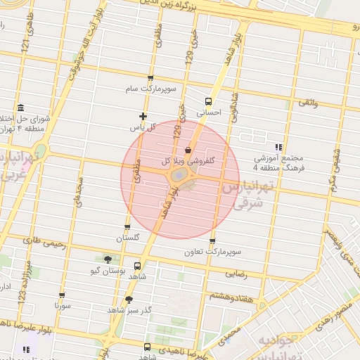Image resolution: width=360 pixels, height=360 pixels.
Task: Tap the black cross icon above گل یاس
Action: pos(143,116)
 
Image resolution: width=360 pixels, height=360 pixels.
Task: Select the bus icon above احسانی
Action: pos(208,101)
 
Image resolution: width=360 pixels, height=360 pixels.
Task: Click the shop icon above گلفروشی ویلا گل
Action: pos(188,150)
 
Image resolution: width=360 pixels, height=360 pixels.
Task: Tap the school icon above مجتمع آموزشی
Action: pos(278,148)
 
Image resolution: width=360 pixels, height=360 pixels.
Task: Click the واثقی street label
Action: pos(309,103)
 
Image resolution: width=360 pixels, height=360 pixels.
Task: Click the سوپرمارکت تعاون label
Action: pos(212,251)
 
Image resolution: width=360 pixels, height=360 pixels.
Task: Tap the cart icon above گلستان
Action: pos(127,227)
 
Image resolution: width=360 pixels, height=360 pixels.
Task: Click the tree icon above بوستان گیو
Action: pos(107,259)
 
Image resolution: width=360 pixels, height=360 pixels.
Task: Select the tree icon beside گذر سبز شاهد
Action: pos(128,300)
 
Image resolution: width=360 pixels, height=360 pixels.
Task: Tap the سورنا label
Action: pos(62,307)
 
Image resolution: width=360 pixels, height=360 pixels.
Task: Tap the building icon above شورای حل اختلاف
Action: pos(20,108)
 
